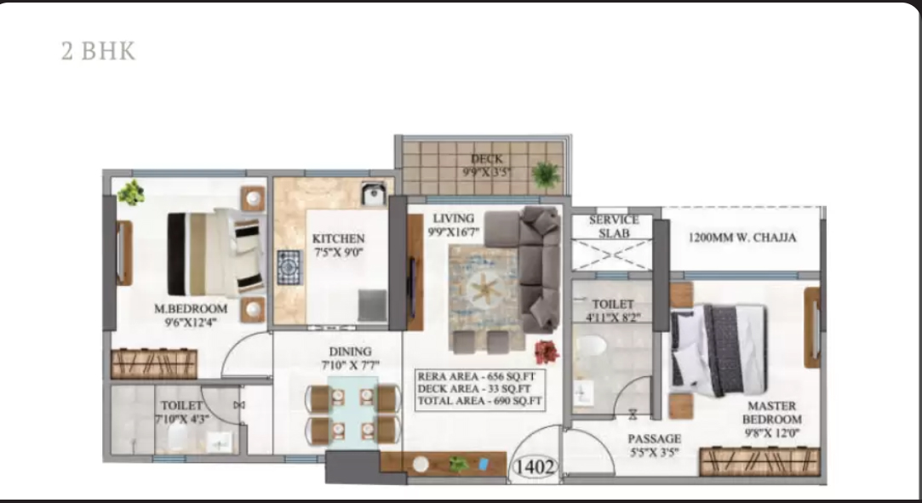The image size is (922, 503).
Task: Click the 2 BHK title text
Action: pyautogui.click(x=98, y=51)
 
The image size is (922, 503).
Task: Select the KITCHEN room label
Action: pyautogui.click(x=338, y=238)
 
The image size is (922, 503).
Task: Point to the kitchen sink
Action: pyautogui.click(x=374, y=194)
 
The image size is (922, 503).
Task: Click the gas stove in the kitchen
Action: pyautogui.click(x=289, y=267)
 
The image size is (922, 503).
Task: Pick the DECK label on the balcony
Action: pyautogui.click(x=487, y=158)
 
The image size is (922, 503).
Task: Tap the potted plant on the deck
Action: pyautogui.click(x=546, y=174)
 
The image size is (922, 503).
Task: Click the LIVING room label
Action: pyautogui.click(x=454, y=218)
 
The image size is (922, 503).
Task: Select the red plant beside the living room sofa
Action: pyautogui.click(x=547, y=352)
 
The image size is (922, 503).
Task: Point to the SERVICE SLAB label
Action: pyautogui.click(x=615, y=226)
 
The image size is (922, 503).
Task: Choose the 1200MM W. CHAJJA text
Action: pyautogui.click(x=742, y=237)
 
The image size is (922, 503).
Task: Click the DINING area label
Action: pyautogui.click(x=350, y=352)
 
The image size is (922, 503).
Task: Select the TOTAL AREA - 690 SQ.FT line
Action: pyautogui.click(x=479, y=402)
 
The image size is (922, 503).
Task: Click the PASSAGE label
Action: pyautogui.click(x=655, y=438)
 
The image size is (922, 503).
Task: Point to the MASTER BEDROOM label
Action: pyautogui.click(x=771, y=413)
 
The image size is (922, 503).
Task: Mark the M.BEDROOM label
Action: pyautogui.click(x=191, y=308)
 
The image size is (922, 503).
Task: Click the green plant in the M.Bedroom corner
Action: pyautogui.click(x=131, y=192)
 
